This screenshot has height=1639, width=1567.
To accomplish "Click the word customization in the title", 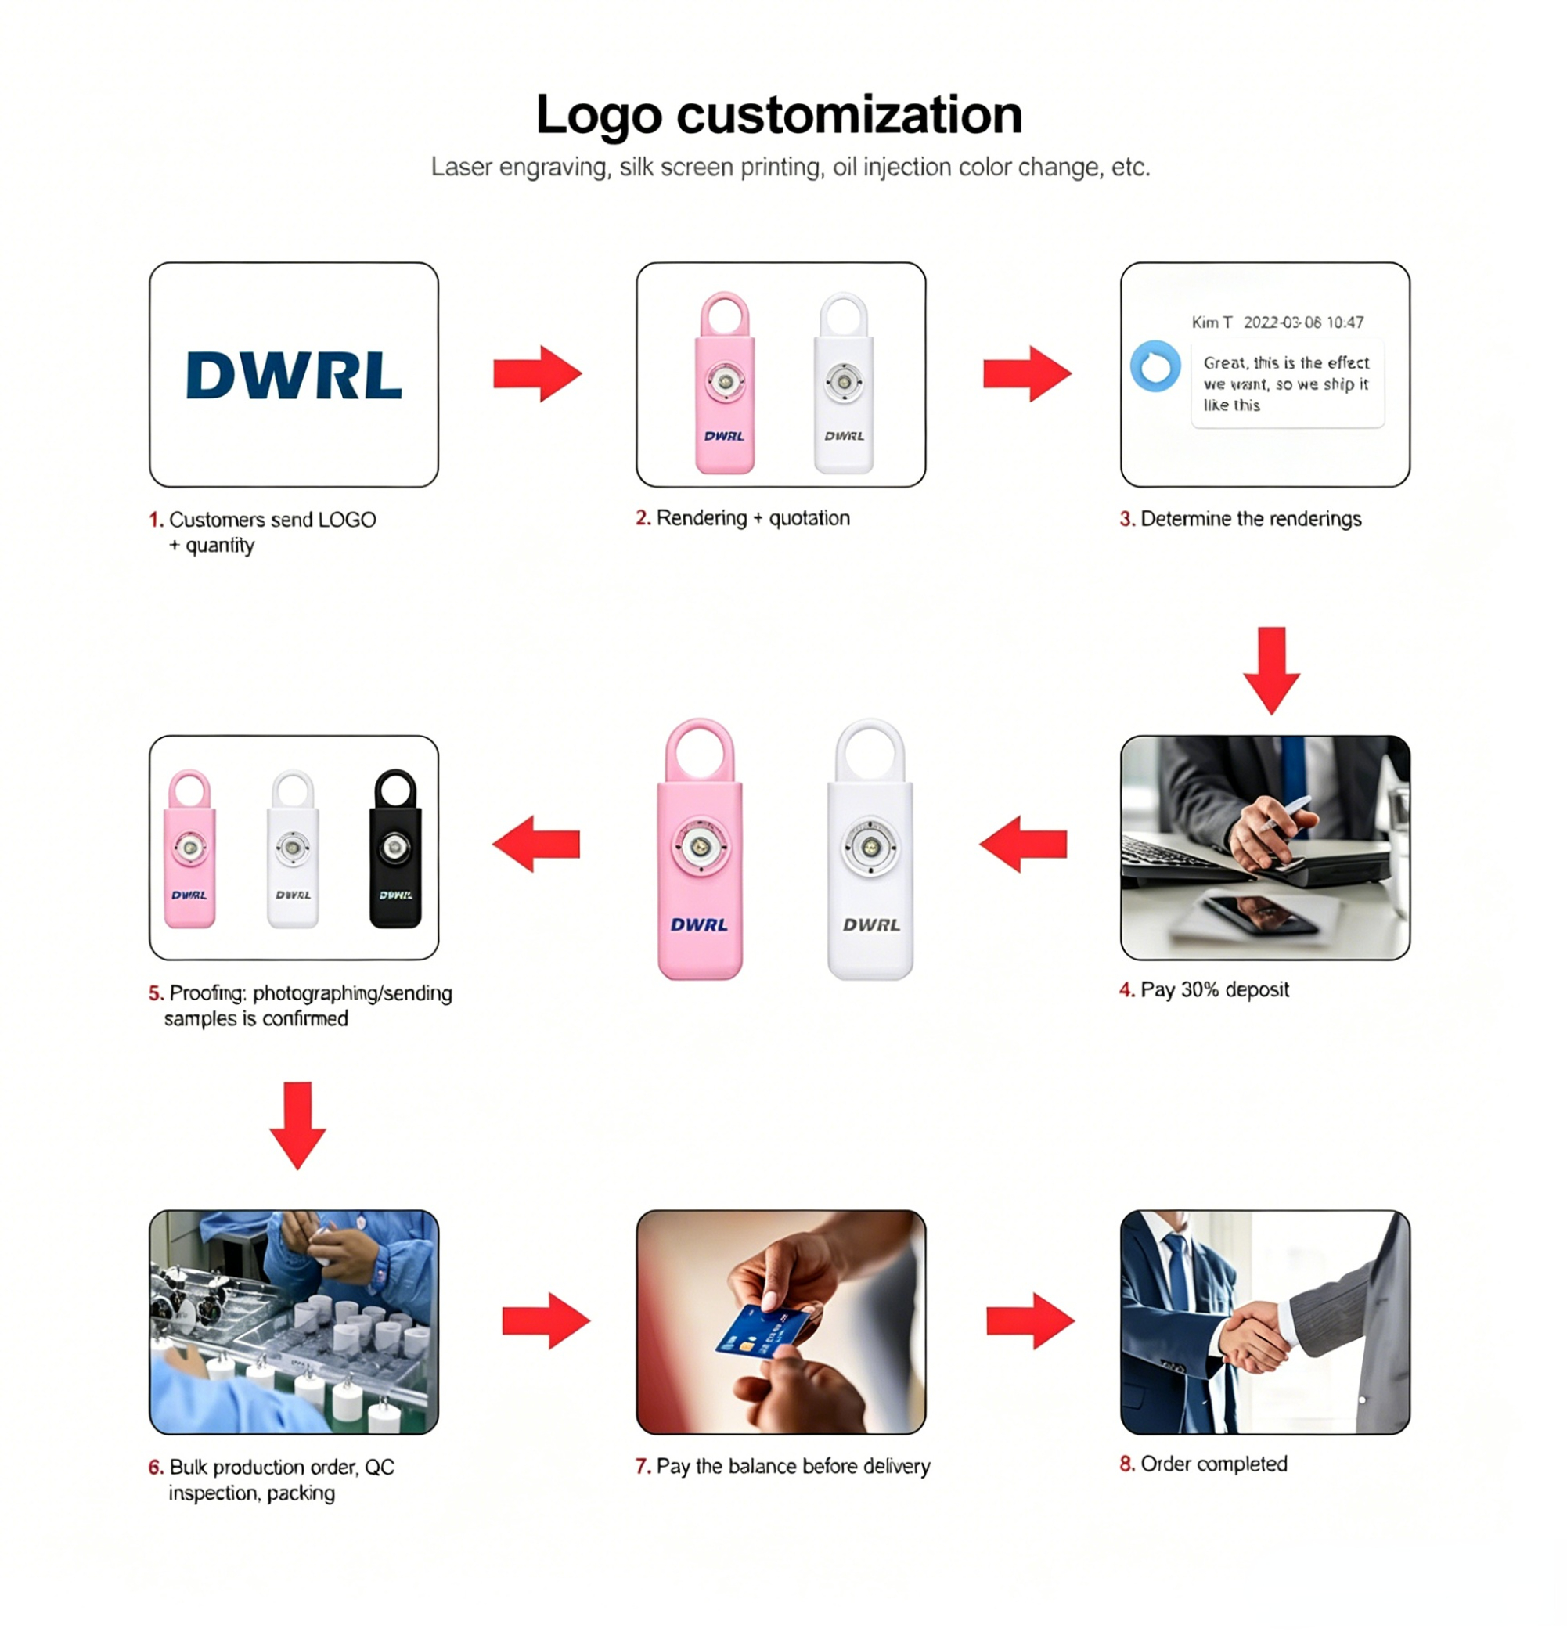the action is click(x=849, y=114).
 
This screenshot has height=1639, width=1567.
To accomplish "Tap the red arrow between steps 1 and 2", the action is click(x=537, y=373).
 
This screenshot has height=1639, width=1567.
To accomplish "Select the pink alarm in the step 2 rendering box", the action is click(x=725, y=383).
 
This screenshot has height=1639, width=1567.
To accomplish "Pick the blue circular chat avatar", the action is click(x=1155, y=366).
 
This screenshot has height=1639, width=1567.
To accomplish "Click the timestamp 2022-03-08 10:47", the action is click(x=1303, y=322).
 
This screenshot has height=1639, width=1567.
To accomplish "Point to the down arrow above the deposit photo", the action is click(x=1271, y=671).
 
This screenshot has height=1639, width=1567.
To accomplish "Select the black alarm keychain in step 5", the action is click(x=395, y=848).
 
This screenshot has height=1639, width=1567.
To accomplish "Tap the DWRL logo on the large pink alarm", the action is click(x=699, y=924).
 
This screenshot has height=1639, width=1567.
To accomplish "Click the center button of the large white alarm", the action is click(x=870, y=847).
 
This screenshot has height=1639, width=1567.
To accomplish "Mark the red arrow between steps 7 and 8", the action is click(x=1030, y=1320).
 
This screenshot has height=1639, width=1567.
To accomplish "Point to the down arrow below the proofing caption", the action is click(x=297, y=1126).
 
